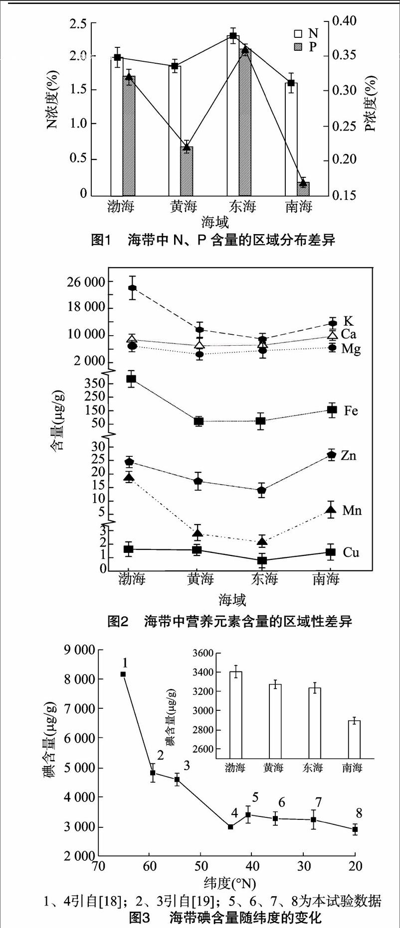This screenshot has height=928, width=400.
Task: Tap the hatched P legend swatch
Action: (x=298, y=47)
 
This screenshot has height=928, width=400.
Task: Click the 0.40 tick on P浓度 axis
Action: (x=345, y=21)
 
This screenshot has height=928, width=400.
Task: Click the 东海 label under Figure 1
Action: (x=242, y=206)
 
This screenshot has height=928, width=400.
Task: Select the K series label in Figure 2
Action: (x=348, y=321)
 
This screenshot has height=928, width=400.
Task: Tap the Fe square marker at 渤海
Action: (x=131, y=379)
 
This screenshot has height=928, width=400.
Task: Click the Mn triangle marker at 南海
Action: (x=331, y=509)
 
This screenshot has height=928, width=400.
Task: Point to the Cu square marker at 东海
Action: (x=262, y=560)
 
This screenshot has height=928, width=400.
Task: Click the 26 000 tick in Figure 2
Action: (x=86, y=282)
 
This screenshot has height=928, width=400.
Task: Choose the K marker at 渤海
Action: (x=133, y=288)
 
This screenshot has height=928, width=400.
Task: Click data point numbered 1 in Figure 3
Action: (x=123, y=674)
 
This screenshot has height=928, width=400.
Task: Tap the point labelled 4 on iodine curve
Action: (x=230, y=827)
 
